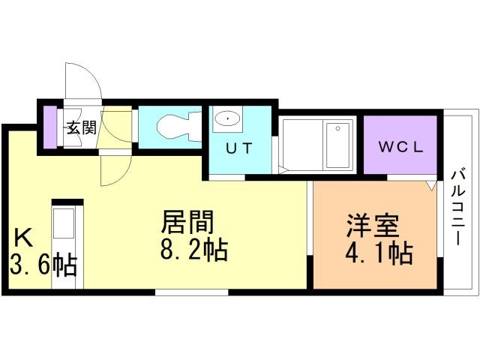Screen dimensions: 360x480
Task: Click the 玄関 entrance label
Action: point(82,127)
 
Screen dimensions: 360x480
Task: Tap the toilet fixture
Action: point(175,125)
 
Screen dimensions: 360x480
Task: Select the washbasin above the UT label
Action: point(226,119)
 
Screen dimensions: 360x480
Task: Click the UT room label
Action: point(238,148)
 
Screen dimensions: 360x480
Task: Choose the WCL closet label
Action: point(400,147)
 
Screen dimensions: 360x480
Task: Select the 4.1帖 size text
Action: point(379,253)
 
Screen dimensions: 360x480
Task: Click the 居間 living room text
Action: point(187,223)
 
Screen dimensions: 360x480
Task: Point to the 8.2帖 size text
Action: point(194,250)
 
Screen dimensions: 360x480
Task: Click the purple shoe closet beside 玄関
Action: point(49,127)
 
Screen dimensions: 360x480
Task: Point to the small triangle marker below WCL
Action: point(430,184)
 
